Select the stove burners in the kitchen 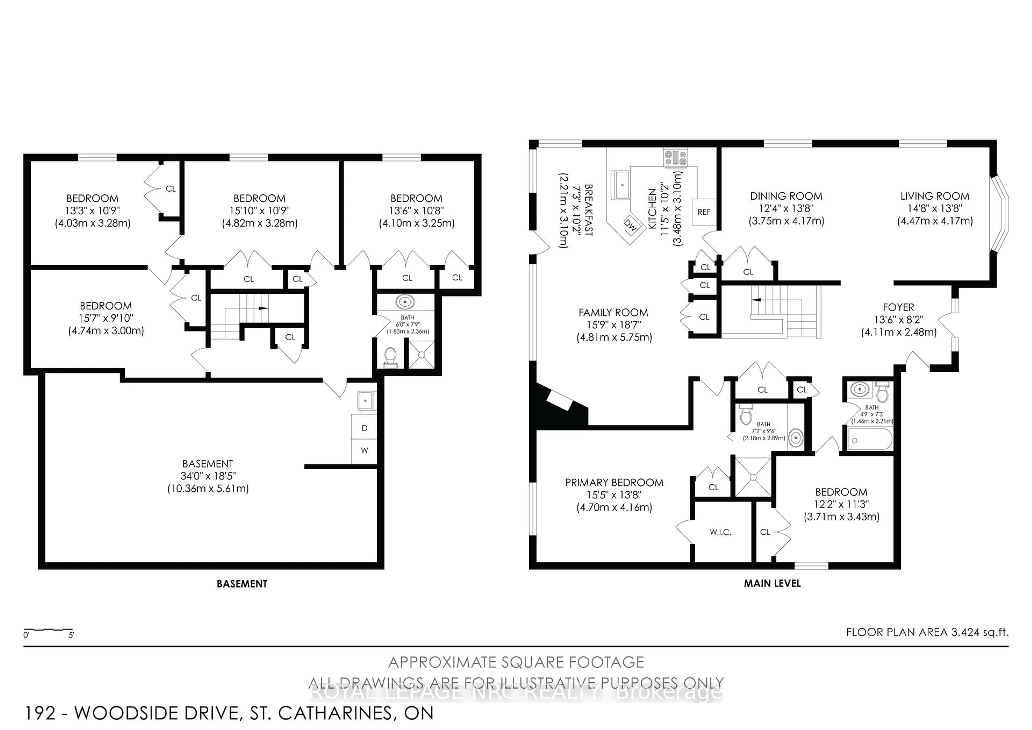(676, 158)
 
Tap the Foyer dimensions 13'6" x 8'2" (898, 320)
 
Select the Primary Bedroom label (614, 483)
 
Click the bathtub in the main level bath (870, 440)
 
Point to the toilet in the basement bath (390, 357)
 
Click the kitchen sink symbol (622, 185)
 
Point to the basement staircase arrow (263, 308)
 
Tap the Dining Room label (786, 196)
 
